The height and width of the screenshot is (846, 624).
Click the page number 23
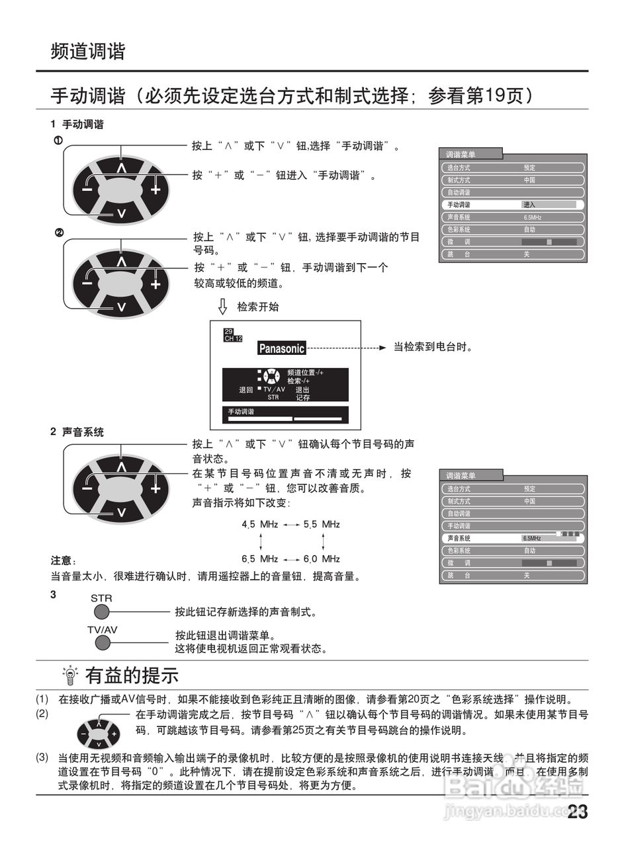pyautogui.click(x=577, y=812)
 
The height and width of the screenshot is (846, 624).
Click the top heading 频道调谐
pyautogui.click(x=88, y=52)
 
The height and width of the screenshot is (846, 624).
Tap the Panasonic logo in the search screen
pyautogui.click(x=281, y=348)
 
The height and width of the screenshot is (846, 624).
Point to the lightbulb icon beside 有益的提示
pyautogui.click(x=69, y=675)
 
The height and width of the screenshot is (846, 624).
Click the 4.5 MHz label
pyautogui.click(x=259, y=524)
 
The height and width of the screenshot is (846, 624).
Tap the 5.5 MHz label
pyautogui.click(x=322, y=524)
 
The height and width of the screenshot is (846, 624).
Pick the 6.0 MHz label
pyautogui.click(x=322, y=558)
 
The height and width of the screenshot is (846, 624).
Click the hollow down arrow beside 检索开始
pyautogui.click(x=223, y=307)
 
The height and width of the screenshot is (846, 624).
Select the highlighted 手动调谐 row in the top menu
pyautogui.click(x=512, y=205)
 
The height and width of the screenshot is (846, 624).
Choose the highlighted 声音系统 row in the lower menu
pyautogui.click(x=512, y=538)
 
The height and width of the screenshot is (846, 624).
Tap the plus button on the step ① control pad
pyautogui.click(x=156, y=190)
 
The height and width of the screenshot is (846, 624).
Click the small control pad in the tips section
pyautogui.click(x=98, y=734)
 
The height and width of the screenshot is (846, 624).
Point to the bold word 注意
pyautogui.click(x=64, y=560)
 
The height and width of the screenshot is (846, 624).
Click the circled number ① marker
pyautogui.click(x=58, y=140)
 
